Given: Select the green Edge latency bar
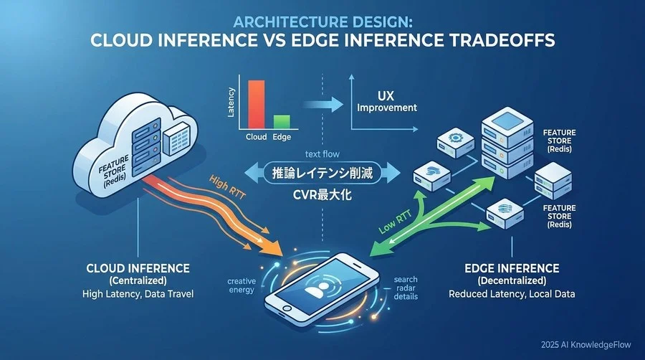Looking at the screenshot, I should click(281, 121).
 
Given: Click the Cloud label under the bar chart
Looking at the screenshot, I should click(256, 136).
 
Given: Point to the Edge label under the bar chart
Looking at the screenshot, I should click(281, 136).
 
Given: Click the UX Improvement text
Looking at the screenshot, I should click(387, 101).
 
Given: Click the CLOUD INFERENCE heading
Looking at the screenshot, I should click(138, 268).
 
